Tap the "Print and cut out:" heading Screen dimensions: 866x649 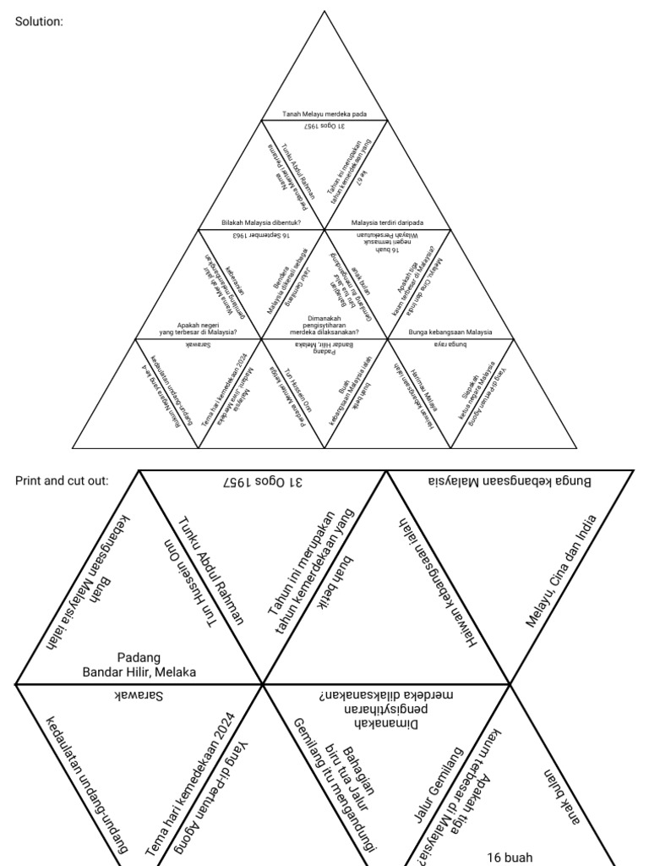coord(62,481)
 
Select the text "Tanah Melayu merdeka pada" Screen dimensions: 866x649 coord(324,114)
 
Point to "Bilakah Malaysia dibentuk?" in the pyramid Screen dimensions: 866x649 coord(262,223)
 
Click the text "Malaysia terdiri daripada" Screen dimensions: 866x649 coord(387,223)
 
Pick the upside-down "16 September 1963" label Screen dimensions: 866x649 coord(262,234)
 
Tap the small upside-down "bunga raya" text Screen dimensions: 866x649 coord(450,345)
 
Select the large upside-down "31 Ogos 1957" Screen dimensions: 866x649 coord(263,483)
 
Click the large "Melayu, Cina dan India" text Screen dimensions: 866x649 coord(561,571)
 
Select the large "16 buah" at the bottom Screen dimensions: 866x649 coord(510,857)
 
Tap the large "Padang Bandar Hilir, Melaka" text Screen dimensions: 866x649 coord(139,665)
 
